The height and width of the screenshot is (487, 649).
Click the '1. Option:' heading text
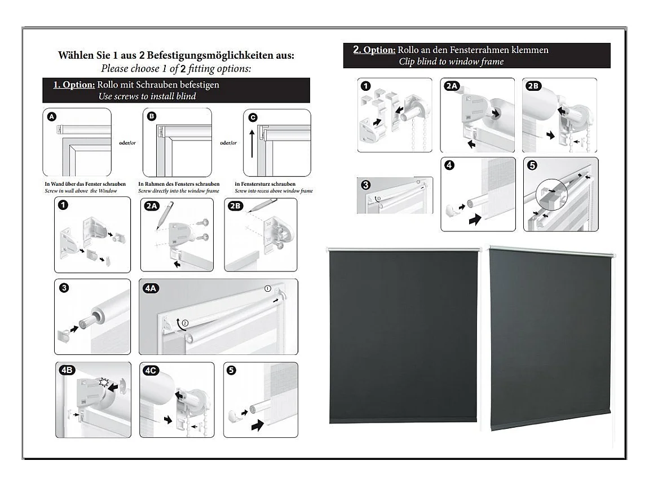74,85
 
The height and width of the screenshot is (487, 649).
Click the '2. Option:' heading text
374,50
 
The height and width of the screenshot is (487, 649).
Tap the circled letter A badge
52,117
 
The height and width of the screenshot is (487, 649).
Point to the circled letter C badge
253,117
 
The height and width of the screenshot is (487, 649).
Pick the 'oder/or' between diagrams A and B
127,143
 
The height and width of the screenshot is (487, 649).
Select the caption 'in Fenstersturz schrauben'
265,185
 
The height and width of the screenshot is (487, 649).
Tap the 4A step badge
151,288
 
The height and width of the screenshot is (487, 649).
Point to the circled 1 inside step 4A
268,288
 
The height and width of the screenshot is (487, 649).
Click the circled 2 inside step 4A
184,323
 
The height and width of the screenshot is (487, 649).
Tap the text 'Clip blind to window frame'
451,62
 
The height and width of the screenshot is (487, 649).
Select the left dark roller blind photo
403,336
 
